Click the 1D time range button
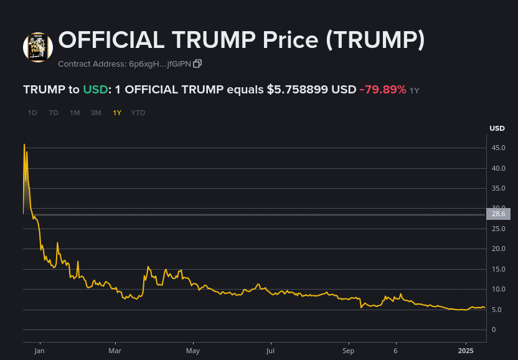click(32, 113)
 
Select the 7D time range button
click(54, 113)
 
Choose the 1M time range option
click(75, 113)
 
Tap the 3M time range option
click(96, 113)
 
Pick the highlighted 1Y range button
click(117, 113)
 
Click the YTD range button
click(138, 113)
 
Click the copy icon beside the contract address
click(197, 64)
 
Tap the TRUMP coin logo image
click(38, 47)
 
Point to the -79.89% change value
click(383, 90)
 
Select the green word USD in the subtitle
click(95, 90)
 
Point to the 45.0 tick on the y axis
click(498, 148)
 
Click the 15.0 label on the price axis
click(498, 269)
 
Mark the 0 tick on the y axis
click(493, 329)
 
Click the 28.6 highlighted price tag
click(499, 214)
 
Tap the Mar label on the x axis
click(115, 351)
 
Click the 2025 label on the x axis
click(466, 351)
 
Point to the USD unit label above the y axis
click(497, 129)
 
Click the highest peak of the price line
click(24, 144)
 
